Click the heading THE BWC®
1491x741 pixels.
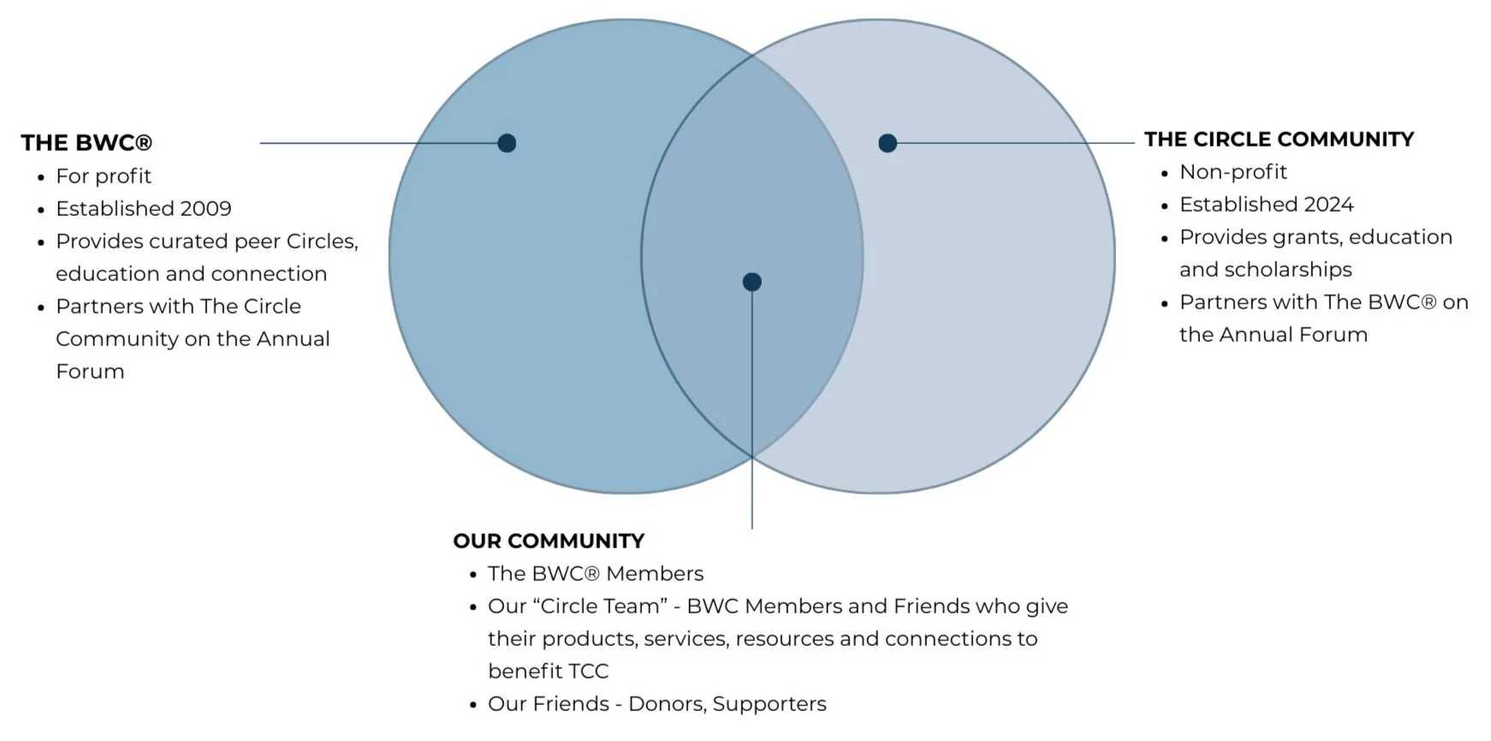click(86, 143)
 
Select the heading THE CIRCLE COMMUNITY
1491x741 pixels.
click(1279, 140)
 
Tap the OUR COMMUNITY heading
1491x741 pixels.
click(549, 541)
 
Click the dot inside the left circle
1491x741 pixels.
click(507, 143)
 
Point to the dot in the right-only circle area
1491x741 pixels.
click(888, 143)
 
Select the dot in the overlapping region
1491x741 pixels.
click(751, 282)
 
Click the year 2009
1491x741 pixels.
click(205, 209)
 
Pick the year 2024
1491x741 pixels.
click(1328, 205)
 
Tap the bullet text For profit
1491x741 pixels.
click(104, 176)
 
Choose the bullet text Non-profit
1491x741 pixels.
click(1233, 172)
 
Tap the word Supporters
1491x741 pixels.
click(769, 704)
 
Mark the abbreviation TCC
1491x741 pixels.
click(585, 672)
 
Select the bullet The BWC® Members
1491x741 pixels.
click(596, 574)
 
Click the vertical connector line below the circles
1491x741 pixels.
click(751, 497)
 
